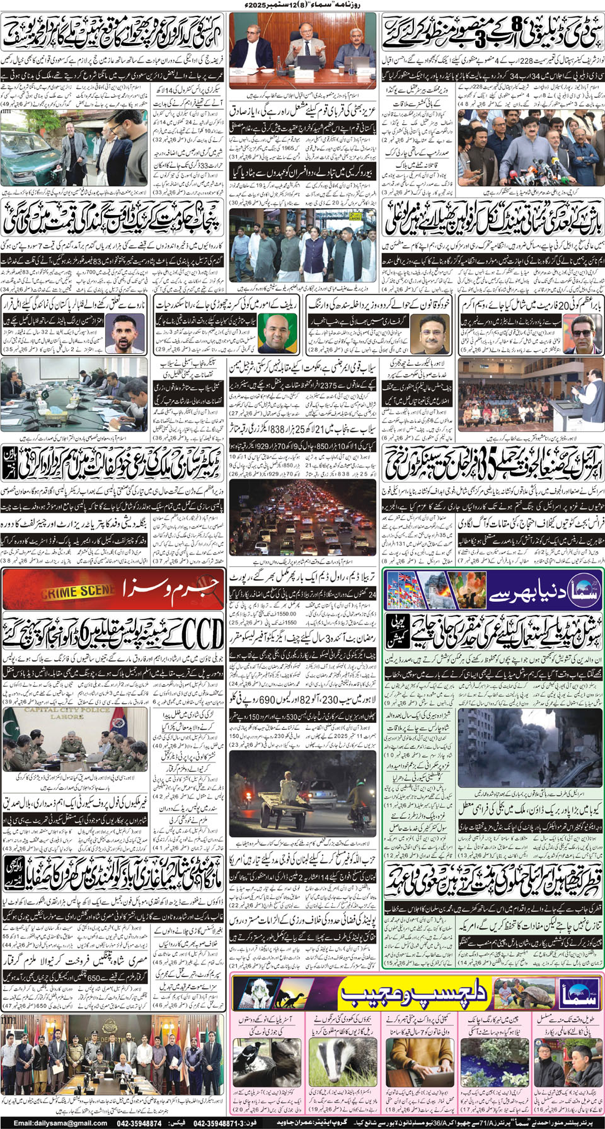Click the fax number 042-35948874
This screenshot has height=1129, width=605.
pyautogui.click(x=139, y=1123)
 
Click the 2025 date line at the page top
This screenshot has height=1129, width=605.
pyautogui.click(x=302, y=5)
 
